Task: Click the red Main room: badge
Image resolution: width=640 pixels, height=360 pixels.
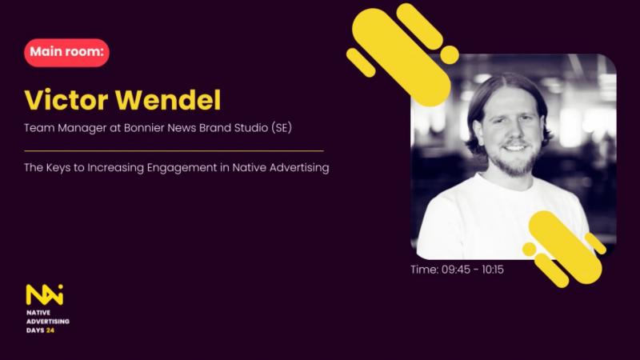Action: (66, 52)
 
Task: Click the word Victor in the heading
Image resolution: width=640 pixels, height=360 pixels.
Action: (66, 100)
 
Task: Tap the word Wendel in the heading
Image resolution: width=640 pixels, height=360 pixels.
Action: (168, 100)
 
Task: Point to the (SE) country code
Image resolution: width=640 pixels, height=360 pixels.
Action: (282, 128)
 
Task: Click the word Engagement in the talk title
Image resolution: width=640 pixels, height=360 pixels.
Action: (182, 168)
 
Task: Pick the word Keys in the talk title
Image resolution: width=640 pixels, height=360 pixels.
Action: (58, 168)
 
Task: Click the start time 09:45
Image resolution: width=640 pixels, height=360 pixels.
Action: (456, 270)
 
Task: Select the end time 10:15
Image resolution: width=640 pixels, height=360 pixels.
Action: (493, 270)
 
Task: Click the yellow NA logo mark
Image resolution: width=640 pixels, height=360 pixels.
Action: (45, 294)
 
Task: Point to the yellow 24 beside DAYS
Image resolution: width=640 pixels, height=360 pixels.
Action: (50, 330)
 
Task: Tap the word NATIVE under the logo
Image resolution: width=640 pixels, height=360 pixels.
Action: (38, 313)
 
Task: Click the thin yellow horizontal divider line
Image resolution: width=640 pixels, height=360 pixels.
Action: (174, 151)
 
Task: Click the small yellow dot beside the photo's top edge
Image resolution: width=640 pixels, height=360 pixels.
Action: (450, 54)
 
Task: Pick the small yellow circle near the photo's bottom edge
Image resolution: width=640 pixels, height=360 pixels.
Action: (530, 249)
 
